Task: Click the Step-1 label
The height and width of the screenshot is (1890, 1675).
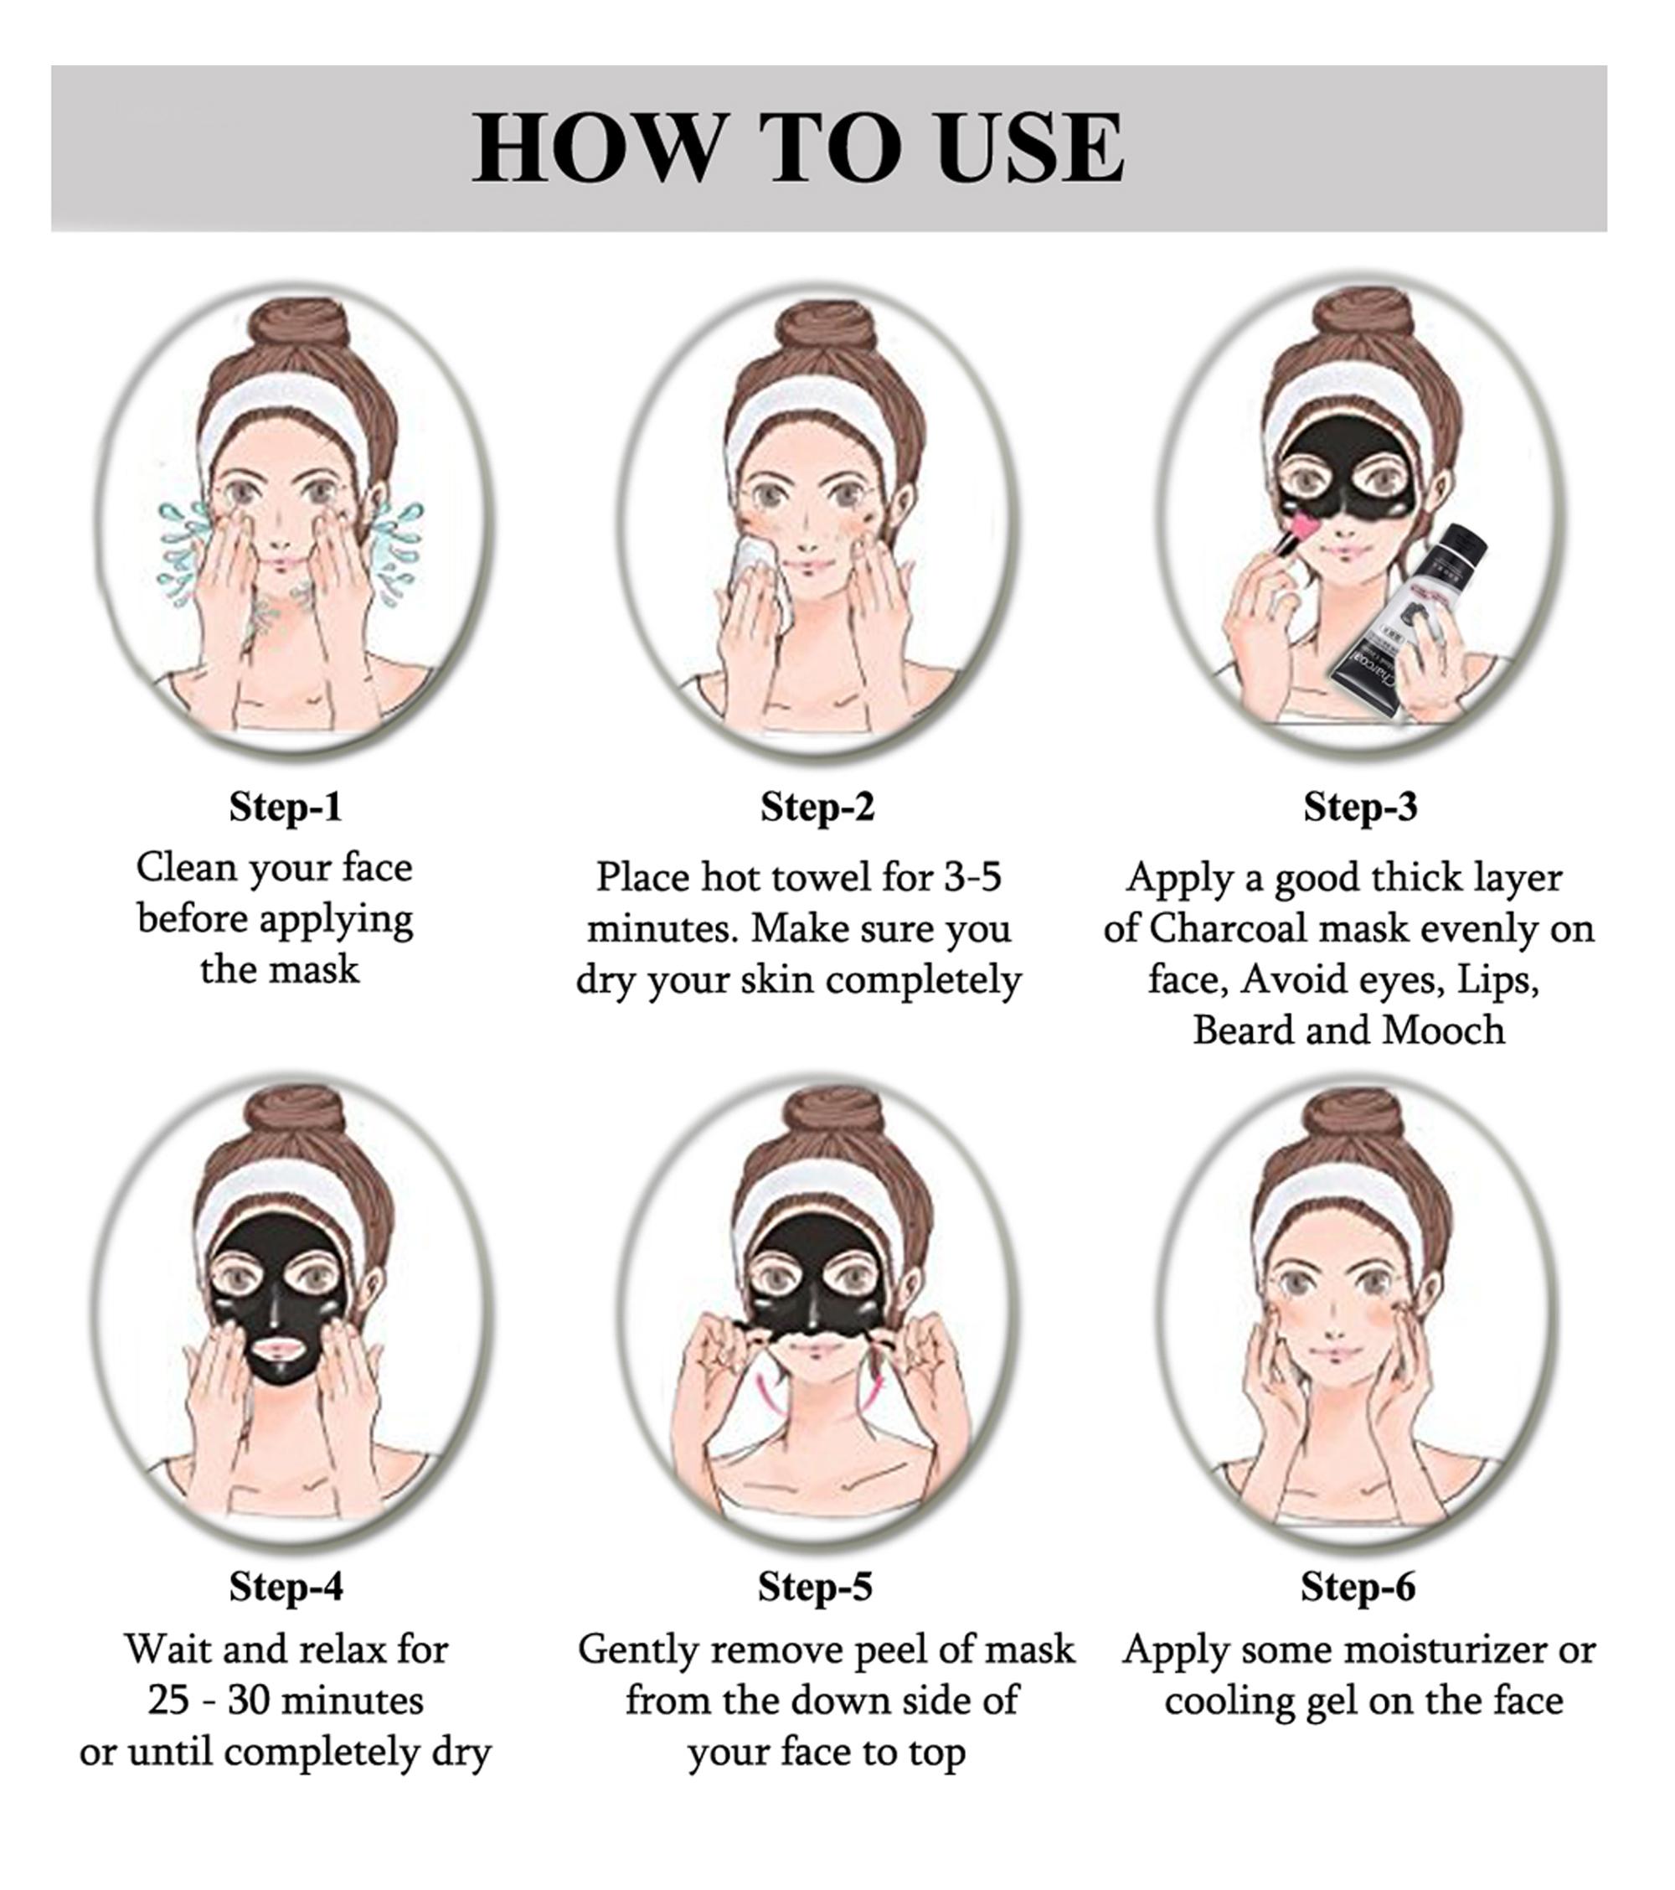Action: [286, 806]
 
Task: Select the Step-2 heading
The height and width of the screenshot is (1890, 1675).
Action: [817, 806]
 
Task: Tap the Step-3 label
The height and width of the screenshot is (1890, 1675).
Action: [1360, 806]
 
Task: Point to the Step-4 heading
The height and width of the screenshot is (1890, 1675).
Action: [286, 1587]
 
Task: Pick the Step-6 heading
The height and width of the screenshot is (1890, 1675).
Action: [1358, 1587]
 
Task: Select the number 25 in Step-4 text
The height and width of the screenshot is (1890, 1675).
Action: [168, 1702]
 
